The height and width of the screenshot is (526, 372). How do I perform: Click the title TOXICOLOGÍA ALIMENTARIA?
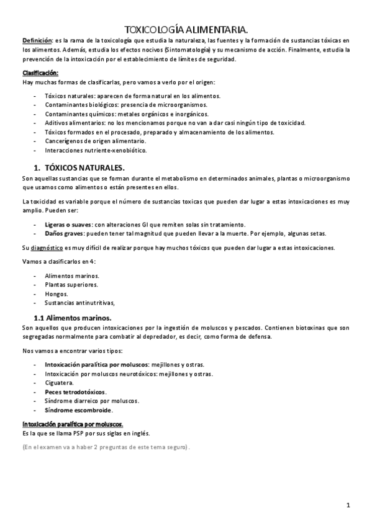pyautogui.click(x=186, y=29)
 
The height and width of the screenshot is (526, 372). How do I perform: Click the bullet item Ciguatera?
pyautogui.click(x=60, y=383)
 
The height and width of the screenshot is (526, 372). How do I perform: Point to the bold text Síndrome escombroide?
pyautogui.click(x=78, y=410)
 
